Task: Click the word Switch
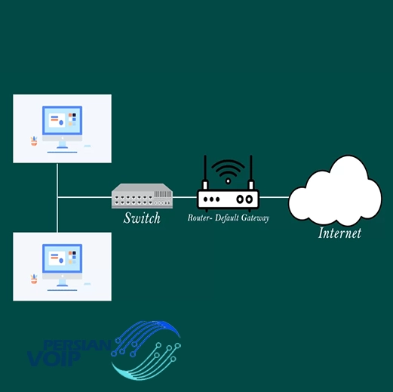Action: pos(142,218)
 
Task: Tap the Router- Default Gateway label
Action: pos(229,218)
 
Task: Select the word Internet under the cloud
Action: pos(339,233)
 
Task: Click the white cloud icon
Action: pos(335,190)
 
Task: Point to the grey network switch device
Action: pos(142,196)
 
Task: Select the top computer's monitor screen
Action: pos(62,121)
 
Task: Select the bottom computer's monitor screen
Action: pos(62,258)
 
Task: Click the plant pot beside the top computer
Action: pos(34,141)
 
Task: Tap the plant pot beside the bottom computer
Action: pos(34,279)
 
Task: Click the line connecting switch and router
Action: pos(185,197)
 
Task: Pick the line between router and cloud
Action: pos(274,197)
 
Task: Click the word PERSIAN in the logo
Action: pos(77,345)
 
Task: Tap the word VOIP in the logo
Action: pos(54,359)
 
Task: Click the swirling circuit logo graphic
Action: pos(146,350)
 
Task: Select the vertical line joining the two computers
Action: pos(57,198)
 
